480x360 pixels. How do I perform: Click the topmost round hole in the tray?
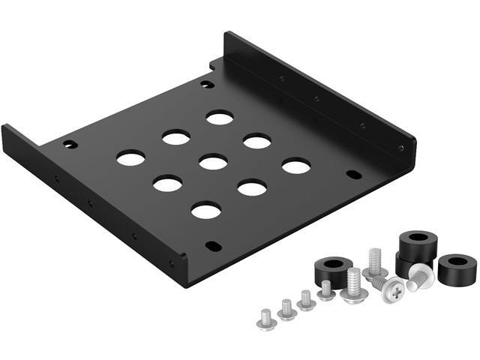[220, 118]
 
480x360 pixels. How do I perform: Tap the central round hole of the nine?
[214, 162]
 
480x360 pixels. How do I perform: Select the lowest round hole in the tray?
[205, 210]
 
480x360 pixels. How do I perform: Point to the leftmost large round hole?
[130, 157]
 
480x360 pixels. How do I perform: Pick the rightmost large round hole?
[296, 166]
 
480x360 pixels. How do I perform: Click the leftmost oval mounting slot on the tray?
[70, 143]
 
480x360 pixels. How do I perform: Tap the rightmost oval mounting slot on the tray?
[354, 175]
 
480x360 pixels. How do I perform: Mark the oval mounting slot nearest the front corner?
[214, 245]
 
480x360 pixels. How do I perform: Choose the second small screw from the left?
[286, 308]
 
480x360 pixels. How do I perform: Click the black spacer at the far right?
[456, 268]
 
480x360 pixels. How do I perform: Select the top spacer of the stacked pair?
[418, 244]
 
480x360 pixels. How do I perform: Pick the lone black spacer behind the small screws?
[332, 268]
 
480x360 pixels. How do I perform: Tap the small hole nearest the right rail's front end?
[401, 147]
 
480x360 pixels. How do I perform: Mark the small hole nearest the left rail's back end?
[55, 178]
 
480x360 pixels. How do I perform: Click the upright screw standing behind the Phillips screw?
[374, 263]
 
